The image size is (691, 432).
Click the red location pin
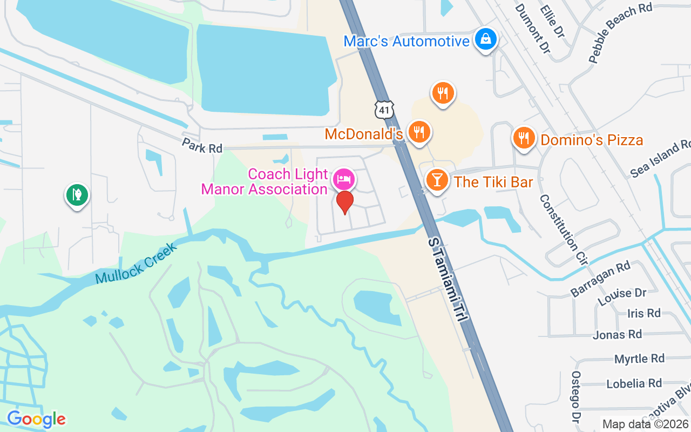tap(345, 202)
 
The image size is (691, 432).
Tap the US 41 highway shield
tap(384, 110)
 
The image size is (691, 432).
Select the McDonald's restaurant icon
tap(418, 131)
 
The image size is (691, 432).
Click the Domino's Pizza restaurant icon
tap(523, 138)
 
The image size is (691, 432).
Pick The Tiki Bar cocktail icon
tap(437, 180)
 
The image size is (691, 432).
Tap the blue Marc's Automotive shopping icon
tap(486, 39)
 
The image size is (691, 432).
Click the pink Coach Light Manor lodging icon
tap(344, 179)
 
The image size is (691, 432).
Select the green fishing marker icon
tap(77, 194)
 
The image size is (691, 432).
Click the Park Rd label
tap(202, 145)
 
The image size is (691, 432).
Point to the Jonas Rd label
tap(617, 335)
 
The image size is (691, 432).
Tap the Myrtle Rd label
tap(639, 359)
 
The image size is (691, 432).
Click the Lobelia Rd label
tap(634, 383)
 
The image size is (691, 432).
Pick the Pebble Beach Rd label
tap(620, 33)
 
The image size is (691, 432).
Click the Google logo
tap(36, 419)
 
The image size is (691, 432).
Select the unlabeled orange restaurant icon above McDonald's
tap(443, 93)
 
